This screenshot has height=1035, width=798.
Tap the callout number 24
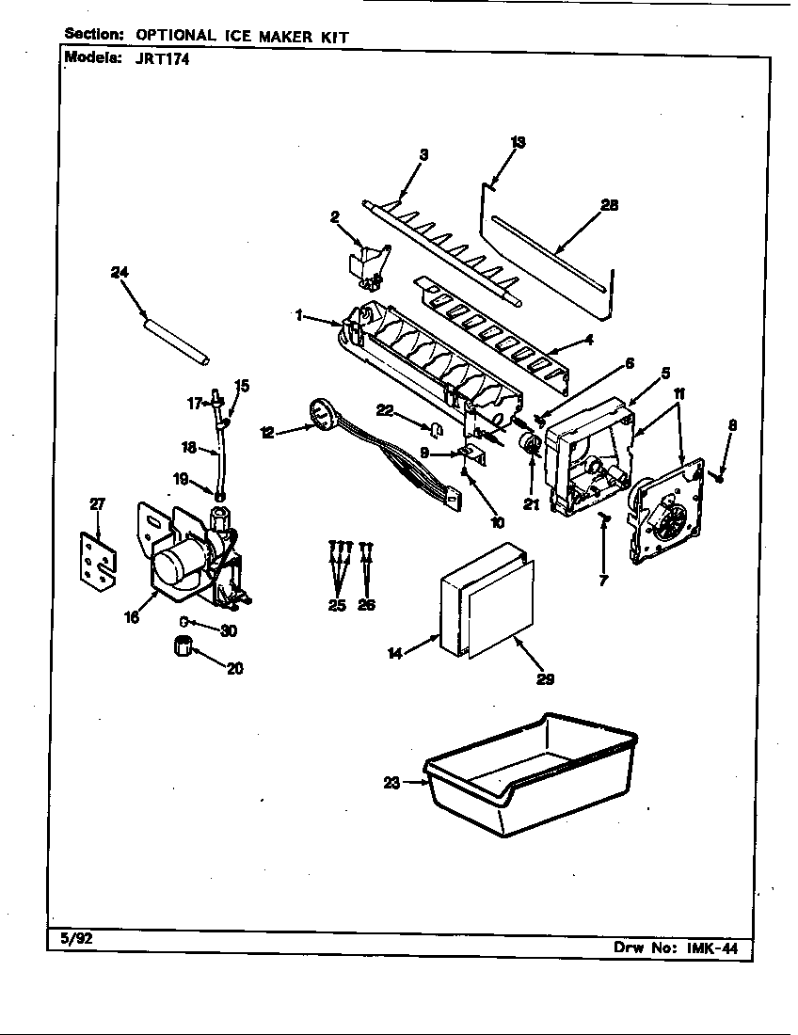tap(120, 272)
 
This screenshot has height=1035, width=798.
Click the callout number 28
tap(609, 205)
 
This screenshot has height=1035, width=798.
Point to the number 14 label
tap(395, 652)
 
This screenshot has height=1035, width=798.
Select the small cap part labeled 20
tap(184, 647)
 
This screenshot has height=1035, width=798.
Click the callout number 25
tap(337, 605)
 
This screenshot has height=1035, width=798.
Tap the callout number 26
tap(366, 605)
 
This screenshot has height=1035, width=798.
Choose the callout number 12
tap(268, 432)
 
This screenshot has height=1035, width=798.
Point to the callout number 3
tap(423, 155)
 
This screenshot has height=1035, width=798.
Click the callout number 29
tap(544, 677)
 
